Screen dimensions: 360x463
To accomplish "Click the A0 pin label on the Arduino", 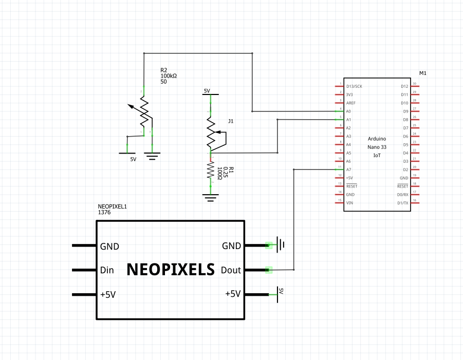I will tap(348, 111).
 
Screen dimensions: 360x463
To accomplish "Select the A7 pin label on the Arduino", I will tap(348, 169).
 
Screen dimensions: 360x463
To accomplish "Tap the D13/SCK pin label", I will tap(354, 86).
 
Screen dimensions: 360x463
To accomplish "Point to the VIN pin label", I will tap(349, 203).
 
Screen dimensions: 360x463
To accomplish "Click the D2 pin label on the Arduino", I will tap(404, 169).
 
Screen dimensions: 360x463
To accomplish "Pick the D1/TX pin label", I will tap(403, 203).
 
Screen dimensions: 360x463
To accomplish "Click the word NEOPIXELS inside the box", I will tap(170, 270).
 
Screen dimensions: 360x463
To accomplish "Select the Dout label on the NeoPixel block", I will tap(231, 270).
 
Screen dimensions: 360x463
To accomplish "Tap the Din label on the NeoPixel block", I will tap(107, 270).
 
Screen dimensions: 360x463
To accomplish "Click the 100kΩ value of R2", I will tap(169, 75).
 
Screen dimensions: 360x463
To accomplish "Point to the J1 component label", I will tap(231, 121).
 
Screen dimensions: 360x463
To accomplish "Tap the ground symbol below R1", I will tap(210, 197).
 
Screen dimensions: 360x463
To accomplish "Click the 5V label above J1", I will tap(207, 91).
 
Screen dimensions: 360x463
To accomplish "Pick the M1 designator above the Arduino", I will tap(423, 73).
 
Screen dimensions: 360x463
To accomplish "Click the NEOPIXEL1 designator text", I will tap(112, 206).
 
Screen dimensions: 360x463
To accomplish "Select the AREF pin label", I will tap(351, 103).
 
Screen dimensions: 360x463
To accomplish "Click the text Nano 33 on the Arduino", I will tap(377, 147).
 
